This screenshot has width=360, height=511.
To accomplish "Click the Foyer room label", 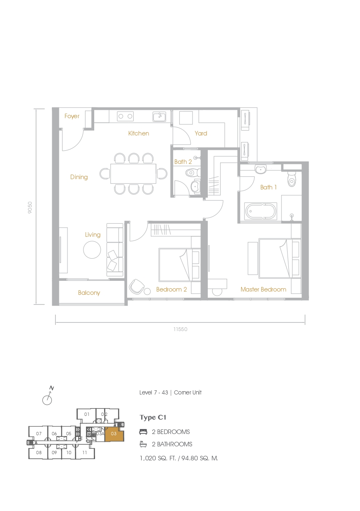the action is (x=72, y=116).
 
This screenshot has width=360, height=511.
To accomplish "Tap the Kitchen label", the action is (x=139, y=133).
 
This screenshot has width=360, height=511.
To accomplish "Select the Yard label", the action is (x=201, y=133).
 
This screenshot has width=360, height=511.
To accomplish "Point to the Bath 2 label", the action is (x=183, y=162).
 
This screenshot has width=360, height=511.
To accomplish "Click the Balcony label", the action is (x=89, y=293).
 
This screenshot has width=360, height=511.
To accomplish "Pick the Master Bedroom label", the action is (x=263, y=289).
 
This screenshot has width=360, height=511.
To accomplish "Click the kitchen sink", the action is (x=160, y=117).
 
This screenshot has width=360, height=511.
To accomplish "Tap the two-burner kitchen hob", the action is (x=125, y=117).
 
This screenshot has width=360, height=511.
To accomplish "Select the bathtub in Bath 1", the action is (x=260, y=211).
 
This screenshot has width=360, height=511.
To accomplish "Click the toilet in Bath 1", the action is (x=292, y=179).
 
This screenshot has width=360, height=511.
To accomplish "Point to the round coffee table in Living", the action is (x=92, y=250).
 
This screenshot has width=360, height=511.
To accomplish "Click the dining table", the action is (x=133, y=174).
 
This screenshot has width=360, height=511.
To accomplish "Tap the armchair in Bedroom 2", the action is (x=137, y=287).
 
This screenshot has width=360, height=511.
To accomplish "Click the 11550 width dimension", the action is (x=180, y=329).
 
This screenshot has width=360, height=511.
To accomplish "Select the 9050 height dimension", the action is (x=30, y=208).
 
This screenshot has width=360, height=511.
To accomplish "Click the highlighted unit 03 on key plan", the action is (x=114, y=434).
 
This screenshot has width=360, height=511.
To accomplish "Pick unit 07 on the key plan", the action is (x=39, y=434).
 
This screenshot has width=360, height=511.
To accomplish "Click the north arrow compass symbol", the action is (x=48, y=397).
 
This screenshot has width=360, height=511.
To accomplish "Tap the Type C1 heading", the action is (x=153, y=418).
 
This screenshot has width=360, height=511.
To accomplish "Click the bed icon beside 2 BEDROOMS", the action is (x=143, y=432).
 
